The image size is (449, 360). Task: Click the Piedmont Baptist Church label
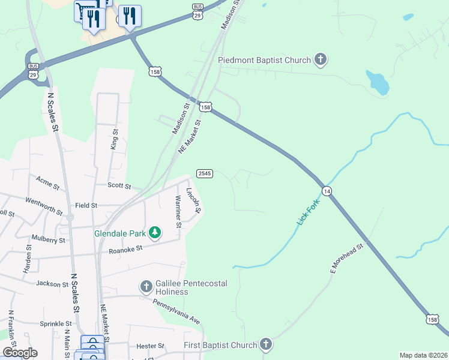[264, 60]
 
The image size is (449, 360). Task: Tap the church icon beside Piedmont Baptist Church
[321, 59]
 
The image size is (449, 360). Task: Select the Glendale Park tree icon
[155, 232]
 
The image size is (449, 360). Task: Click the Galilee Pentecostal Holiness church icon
[146, 287]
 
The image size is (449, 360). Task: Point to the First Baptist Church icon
[266, 345]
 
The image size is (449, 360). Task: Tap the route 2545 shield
[204, 173]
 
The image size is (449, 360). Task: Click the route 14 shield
[327, 191]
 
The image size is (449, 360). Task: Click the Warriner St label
[178, 211]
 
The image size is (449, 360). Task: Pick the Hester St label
[150, 346]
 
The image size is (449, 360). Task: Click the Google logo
[20, 353]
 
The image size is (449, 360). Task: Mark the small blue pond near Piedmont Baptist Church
[378, 83]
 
